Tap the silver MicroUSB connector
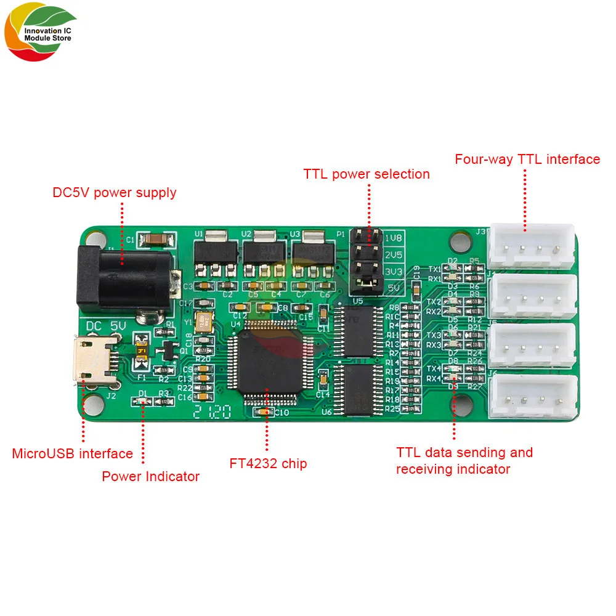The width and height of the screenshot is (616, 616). [x=92, y=360]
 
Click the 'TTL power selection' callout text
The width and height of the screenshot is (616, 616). [x=367, y=174]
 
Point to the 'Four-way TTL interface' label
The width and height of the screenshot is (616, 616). [x=527, y=160]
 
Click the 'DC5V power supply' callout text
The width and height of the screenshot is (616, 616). [x=115, y=193]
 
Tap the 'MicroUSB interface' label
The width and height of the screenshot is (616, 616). [x=73, y=454]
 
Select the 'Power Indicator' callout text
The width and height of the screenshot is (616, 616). [x=151, y=476]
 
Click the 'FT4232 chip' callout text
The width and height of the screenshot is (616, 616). [x=268, y=464]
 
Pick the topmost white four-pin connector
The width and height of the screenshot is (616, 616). [x=532, y=246]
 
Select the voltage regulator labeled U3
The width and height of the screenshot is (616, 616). [x=314, y=253]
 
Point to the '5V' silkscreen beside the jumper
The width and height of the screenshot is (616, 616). [x=392, y=286]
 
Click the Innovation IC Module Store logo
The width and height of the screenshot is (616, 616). [x=40, y=34]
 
